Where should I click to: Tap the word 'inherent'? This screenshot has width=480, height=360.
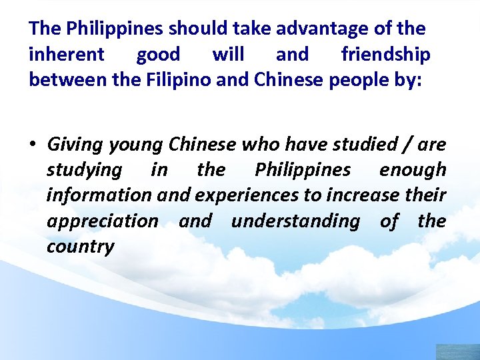click(x=67, y=54)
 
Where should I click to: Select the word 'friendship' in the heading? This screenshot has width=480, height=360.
click(x=385, y=54)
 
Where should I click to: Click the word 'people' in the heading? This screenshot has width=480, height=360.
click(x=360, y=80)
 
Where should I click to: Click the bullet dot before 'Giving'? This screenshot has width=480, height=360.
click(x=33, y=145)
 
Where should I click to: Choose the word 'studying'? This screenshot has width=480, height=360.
click(x=85, y=171)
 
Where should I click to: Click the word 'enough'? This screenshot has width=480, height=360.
click(x=413, y=171)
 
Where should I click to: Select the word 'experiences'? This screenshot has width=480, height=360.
click(x=242, y=196)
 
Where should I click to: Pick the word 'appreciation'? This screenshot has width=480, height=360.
click(x=103, y=221)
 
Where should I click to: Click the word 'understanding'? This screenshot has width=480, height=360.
click(x=295, y=221)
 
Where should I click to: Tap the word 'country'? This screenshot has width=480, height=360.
click(x=81, y=247)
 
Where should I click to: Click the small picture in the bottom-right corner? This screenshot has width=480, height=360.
click(x=457, y=352)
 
